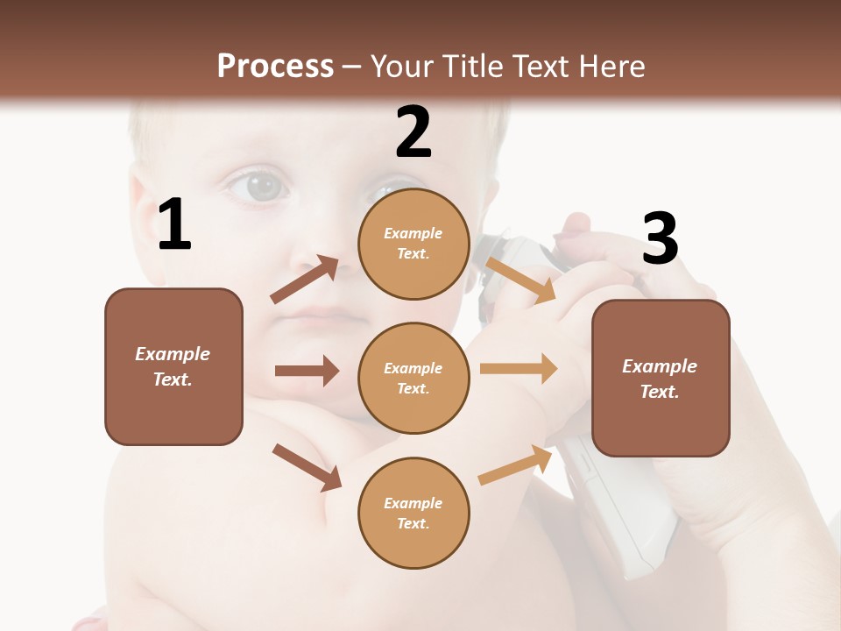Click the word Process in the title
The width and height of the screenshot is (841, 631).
(275, 66)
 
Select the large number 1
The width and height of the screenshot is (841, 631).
(174, 224)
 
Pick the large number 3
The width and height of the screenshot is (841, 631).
(661, 238)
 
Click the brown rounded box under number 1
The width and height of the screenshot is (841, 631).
(173, 366)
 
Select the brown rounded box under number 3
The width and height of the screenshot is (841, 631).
(661, 378)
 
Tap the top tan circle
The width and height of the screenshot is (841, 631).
(414, 244)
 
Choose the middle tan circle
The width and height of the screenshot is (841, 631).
(414, 378)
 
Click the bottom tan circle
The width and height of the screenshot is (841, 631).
(414, 513)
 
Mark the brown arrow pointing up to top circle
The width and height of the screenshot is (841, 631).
(305, 279)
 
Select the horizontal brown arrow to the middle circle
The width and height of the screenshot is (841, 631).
(307, 371)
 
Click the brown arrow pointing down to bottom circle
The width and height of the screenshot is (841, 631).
(307, 467)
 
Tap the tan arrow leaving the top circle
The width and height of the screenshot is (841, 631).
(520, 279)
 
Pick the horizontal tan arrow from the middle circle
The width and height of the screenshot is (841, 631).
(519, 369)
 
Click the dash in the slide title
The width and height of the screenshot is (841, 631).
(352, 67)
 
